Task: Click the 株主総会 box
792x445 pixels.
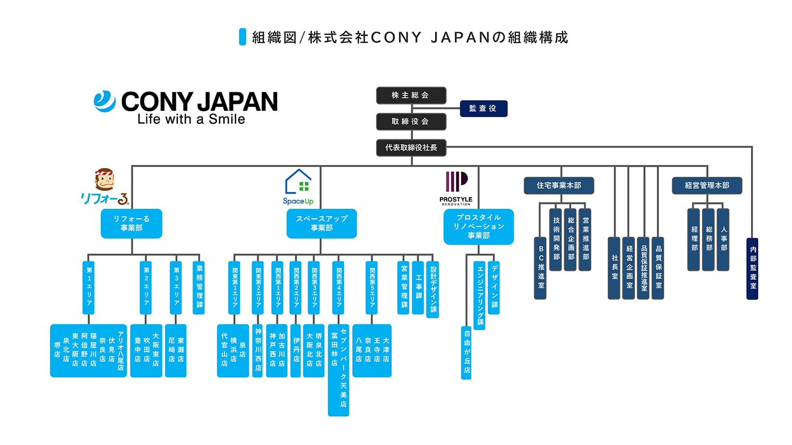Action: coord(411,95)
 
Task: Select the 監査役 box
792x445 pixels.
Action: coord(483,109)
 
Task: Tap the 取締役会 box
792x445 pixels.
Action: coord(411,122)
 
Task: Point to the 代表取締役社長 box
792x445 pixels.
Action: coord(411,148)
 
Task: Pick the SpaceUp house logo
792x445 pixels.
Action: coord(298,182)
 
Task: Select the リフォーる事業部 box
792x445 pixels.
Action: coord(131,224)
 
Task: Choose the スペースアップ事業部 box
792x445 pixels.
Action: coord(322,224)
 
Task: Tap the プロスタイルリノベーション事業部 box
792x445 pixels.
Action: coord(478,227)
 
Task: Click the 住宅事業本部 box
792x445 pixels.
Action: coord(559,186)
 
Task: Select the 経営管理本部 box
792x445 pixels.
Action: coord(706,186)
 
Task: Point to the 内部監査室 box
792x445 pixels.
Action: coord(752,269)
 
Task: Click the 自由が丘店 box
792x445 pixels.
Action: coord(466,352)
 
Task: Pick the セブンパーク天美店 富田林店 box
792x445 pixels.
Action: coord(338,370)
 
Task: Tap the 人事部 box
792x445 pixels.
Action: coord(723,239)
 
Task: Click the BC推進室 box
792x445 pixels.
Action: coord(540,268)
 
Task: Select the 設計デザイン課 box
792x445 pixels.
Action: coord(433,289)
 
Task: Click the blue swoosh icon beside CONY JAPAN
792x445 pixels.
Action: coord(105,102)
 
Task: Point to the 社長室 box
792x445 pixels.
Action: coord(614,268)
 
